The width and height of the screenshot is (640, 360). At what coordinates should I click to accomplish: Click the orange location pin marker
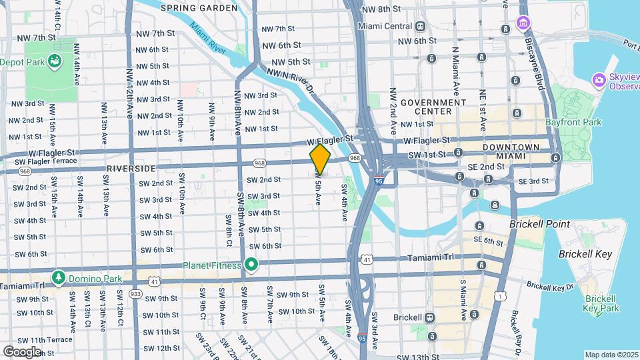coord(320,159)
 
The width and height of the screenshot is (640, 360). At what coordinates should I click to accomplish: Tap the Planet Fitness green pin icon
coord(251,265)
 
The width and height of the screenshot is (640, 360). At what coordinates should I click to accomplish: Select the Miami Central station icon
coord(421,27)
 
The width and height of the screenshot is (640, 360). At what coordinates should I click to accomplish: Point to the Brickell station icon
coord(429,317)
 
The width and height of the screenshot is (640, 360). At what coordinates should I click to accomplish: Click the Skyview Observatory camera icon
coord(599,80)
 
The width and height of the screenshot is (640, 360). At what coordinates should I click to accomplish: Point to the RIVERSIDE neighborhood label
coord(131,169)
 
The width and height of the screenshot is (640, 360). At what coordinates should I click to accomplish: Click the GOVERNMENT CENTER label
coord(433,107)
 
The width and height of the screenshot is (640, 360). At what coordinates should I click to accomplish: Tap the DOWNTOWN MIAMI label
coord(511,151)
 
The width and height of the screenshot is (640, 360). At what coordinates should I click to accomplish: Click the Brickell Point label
coord(540,224)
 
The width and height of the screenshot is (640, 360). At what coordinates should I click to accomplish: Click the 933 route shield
coord(136,293)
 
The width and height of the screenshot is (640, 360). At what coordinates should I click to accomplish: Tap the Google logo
coord(22,351)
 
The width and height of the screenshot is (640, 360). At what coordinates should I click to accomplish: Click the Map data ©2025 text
coord(611,355)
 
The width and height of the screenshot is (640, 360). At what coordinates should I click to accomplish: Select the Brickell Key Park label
coord(601,303)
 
